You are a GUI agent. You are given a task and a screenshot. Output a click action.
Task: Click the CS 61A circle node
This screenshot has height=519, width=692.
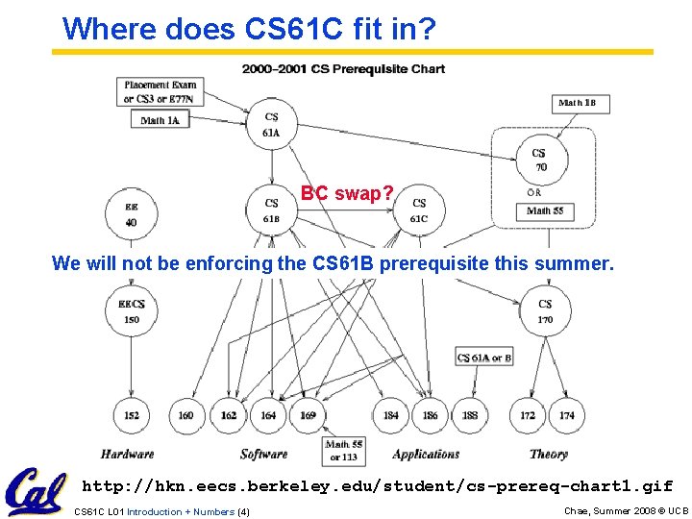[x=271, y=124]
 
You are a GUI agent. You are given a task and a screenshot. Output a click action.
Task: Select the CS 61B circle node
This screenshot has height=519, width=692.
[x=271, y=210]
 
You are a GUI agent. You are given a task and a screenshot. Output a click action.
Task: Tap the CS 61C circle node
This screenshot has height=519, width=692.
[x=419, y=210]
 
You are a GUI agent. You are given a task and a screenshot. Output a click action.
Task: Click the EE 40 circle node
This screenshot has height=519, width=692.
[x=131, y=213]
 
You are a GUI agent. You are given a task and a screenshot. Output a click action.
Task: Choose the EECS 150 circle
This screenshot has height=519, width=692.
[x=131, y=310]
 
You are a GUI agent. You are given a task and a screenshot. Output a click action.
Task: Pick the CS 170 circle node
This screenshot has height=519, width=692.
[x=545, y=310]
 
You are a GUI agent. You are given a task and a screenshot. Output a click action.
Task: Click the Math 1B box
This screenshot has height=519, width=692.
[x=583, y=103]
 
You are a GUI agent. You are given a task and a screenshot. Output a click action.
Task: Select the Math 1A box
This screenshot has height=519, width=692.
[x=160, y=120]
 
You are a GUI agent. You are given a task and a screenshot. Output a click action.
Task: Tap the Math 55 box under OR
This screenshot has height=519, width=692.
[x=545, y=210]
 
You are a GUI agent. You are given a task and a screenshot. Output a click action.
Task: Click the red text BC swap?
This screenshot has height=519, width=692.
[x=347, y=193]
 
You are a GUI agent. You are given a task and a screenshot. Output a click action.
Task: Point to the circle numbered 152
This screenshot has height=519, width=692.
[x=131, y=415]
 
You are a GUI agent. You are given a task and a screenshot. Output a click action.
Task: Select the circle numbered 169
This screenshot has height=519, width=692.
[x=308, y=415]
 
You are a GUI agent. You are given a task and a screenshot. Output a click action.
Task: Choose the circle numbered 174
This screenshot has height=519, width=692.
[x=567, y=415]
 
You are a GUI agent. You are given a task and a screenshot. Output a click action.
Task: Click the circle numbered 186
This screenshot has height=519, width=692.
[x=430, y=415]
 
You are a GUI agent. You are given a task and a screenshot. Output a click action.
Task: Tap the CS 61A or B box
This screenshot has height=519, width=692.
[x=484, y=358]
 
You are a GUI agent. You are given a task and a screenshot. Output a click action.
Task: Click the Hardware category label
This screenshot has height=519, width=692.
[x=127, y=454]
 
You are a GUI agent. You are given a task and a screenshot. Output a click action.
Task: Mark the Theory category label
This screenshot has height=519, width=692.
[x=549, y=454]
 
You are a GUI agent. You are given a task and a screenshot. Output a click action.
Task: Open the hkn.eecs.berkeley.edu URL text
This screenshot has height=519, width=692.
[x=377, y=486]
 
